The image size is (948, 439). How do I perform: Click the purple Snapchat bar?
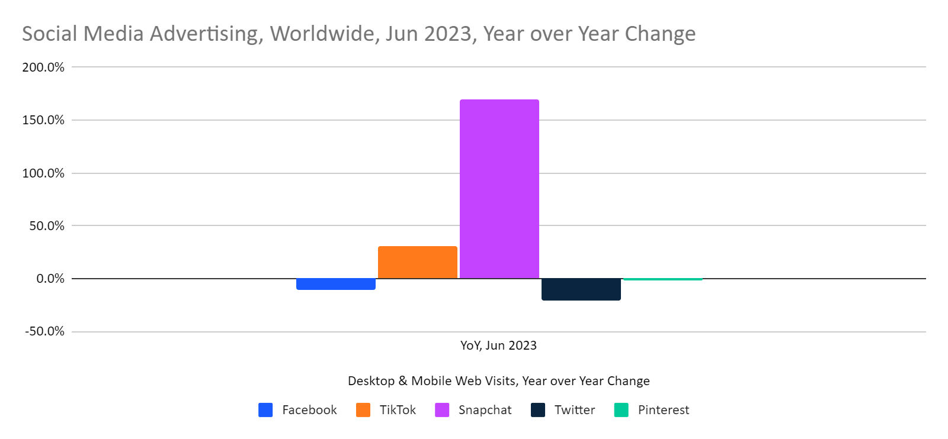499,189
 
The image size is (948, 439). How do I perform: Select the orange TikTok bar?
417,262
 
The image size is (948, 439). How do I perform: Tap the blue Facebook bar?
335,284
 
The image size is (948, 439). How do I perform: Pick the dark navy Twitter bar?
581,289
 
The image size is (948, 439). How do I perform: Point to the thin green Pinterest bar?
662,279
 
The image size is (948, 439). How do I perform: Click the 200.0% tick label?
43,67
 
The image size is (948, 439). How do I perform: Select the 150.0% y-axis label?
43,120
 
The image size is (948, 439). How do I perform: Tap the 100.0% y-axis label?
43,173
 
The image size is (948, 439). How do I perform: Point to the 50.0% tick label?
47,226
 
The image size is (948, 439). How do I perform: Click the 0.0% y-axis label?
50,279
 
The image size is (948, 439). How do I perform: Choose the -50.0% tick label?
44,331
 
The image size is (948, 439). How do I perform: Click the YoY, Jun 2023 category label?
498,346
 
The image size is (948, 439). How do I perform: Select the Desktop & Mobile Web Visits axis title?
498,381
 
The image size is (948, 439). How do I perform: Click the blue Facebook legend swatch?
265,410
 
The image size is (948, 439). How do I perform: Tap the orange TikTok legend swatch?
363,410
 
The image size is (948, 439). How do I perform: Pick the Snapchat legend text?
485,410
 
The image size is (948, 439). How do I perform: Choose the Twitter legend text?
574,410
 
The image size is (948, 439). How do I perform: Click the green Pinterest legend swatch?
622,410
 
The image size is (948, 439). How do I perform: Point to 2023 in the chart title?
450,34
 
